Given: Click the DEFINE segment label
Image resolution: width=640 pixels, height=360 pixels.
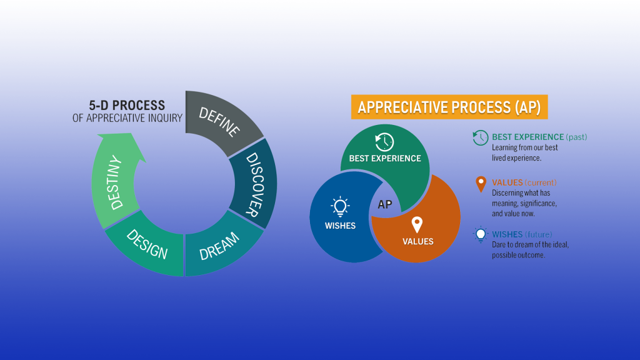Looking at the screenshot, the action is coord(219,122).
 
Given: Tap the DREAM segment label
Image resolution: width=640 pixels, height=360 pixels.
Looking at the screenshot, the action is coord(219,246).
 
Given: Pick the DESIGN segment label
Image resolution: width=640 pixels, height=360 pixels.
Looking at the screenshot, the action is coord(147,244).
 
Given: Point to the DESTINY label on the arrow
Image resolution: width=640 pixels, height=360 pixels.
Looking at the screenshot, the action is coord(115,182).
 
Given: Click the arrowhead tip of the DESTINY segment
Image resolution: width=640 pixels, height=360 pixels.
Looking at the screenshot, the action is coord(131,133).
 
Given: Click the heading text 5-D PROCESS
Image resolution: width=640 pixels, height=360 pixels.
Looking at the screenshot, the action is coord(127,105).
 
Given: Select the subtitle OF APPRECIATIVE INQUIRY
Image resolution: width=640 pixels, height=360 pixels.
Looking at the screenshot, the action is coord(127,118).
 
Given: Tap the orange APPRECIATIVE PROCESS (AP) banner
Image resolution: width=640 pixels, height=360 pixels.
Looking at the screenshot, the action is coord(449,107).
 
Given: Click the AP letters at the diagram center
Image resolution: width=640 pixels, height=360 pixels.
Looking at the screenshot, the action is coord(384,204).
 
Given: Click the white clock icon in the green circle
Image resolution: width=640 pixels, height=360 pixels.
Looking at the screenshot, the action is coord(384,142).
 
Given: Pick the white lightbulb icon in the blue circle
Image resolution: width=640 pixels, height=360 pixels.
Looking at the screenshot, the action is coord(340,206).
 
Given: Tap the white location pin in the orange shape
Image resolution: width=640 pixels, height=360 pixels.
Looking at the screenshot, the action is coord(417,224).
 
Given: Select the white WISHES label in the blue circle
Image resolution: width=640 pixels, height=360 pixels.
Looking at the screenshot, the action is coord(340,226).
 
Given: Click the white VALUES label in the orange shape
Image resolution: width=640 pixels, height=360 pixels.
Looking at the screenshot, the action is coord(418,242).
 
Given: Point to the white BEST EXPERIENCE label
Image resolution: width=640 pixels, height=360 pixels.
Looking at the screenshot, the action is coord(385,158).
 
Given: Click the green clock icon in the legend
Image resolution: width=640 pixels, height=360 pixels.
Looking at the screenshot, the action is coord(481,137).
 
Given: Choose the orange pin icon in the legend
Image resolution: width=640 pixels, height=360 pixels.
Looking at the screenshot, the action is coord(481,184).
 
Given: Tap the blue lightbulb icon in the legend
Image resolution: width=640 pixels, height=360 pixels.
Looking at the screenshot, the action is coord(481,235).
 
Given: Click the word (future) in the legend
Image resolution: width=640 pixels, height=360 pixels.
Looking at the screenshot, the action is coord(538,235).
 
